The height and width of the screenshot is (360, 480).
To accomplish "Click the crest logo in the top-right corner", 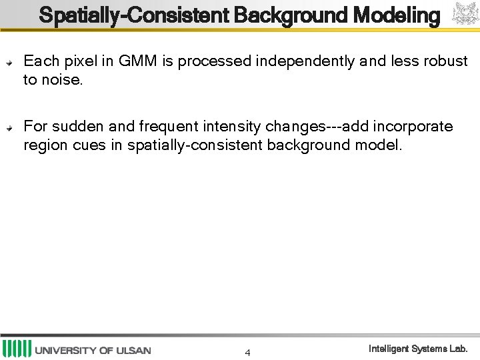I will click(x=465, y=15).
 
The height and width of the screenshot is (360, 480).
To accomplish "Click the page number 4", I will click(x=247, y=353).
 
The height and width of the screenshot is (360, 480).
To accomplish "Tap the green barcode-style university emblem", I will click(x=17, y=349).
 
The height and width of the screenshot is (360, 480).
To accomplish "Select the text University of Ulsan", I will click(x=93, y=350).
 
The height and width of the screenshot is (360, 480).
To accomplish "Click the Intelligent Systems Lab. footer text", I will click(x=419, y=349).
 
